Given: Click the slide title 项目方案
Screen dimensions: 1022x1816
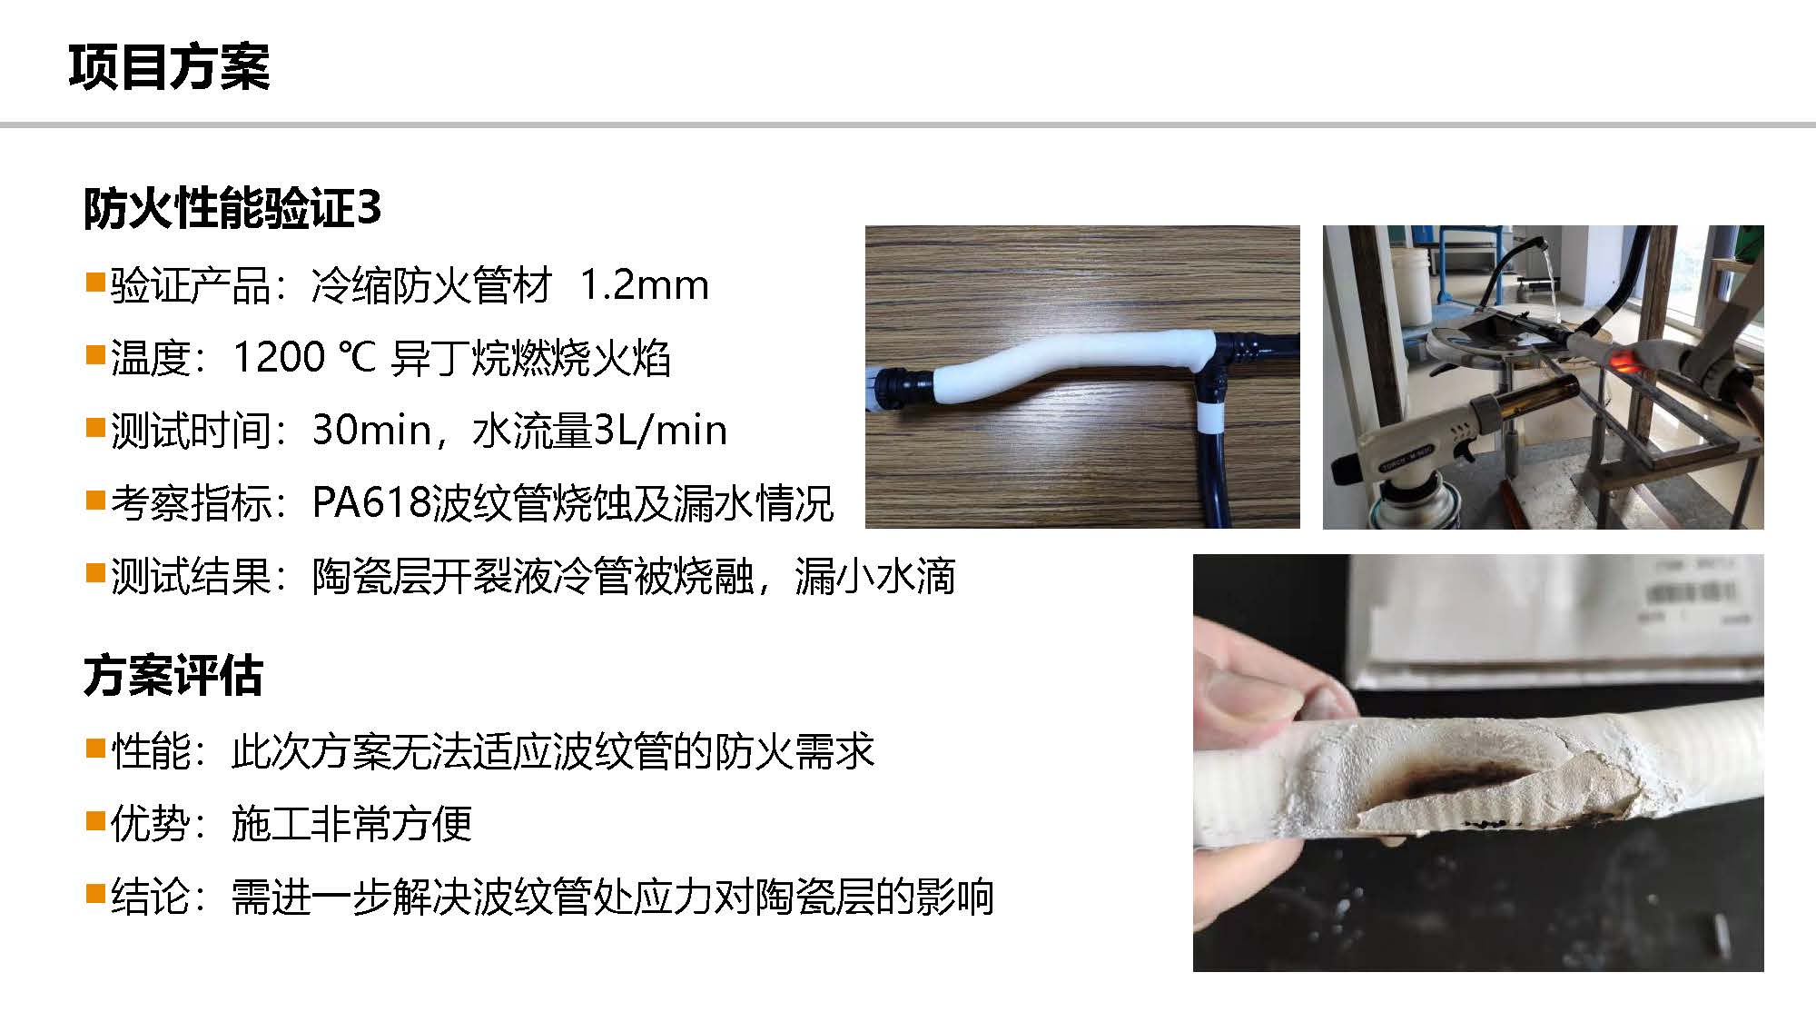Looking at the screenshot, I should coord(169,66).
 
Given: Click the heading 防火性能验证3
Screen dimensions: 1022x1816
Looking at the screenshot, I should coord(232,209).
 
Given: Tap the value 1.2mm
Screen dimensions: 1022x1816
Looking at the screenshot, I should coord(644,285).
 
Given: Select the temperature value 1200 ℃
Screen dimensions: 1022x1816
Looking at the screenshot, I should coord(304,357).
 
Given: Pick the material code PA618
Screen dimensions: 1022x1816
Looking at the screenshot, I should coord(370,502).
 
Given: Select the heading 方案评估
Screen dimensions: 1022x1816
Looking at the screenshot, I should coord(173,676).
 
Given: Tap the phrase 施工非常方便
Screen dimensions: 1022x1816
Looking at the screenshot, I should coord(351,824).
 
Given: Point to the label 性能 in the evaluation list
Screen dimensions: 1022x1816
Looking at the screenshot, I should coord(151,751).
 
